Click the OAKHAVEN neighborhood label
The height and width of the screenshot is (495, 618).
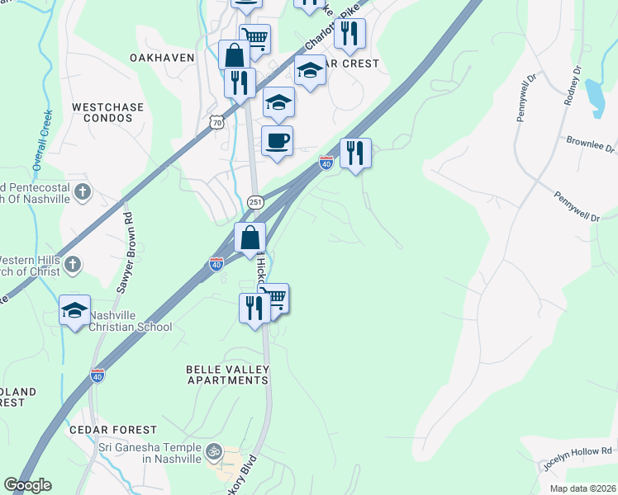pos(162,58)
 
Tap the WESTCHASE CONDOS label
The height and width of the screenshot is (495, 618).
pos(107,113)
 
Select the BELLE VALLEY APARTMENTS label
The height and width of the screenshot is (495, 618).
pos(228,375)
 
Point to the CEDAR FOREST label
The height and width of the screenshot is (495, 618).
pos(113,430)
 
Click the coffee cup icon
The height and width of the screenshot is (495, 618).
pos(277,140)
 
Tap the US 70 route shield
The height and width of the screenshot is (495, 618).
pos(216,122)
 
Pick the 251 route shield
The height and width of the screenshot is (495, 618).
pos(255,202)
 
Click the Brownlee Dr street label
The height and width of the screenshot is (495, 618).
pos(591,146)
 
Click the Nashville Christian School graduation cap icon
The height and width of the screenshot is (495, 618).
pos(74,310)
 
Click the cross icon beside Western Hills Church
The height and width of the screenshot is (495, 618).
pos(73,264)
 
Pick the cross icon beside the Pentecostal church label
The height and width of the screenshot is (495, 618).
pos(81,192)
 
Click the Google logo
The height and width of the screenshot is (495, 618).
pos(29,485)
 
